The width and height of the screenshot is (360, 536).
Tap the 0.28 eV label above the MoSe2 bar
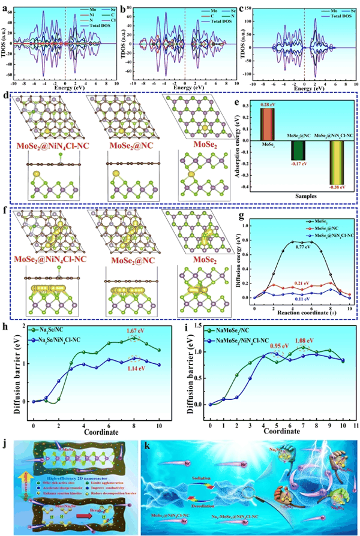(x=267, y=104)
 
